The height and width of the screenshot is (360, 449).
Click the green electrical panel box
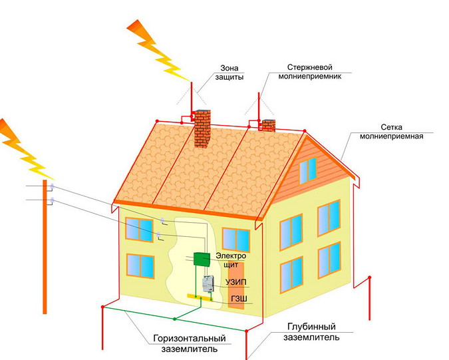pyautogui.click(x=202, y=260)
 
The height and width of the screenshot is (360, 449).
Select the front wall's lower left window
pyautogui.click(x=140, y=266)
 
